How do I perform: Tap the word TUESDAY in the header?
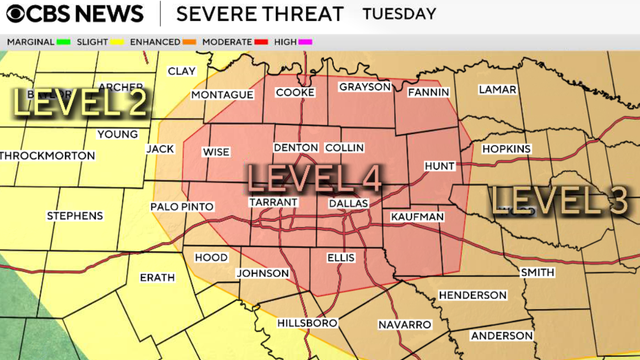399,14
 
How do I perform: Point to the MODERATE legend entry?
236,42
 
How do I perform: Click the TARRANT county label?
273,202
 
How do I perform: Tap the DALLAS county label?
349,202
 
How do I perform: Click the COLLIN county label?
344,147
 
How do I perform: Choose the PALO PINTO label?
180,206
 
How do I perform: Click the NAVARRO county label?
404,325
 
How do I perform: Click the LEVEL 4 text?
313,179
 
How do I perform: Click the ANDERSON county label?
501,335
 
